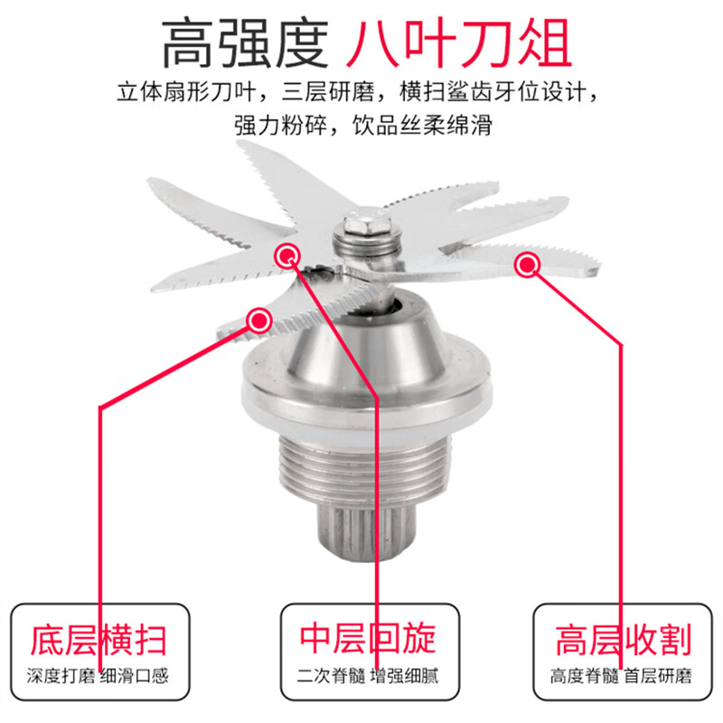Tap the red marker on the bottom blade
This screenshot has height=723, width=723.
(259, 320)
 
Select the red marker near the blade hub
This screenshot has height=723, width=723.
(287, 255)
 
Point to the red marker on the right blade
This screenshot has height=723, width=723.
(527, 265)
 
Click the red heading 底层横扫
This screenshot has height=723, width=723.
(99, 640)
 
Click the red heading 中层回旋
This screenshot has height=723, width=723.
(368, 638)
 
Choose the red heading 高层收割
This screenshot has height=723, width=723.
(624, 640)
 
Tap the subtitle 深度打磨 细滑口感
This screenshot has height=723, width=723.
(98, 676)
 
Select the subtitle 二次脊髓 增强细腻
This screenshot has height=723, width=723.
(368, 676)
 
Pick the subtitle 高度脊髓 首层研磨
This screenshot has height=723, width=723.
(621, 676)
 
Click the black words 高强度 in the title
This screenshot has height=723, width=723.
(245, 43)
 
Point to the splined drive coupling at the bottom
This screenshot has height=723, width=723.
(367, 532)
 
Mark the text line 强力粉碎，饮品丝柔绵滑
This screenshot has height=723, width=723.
(363, 126)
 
